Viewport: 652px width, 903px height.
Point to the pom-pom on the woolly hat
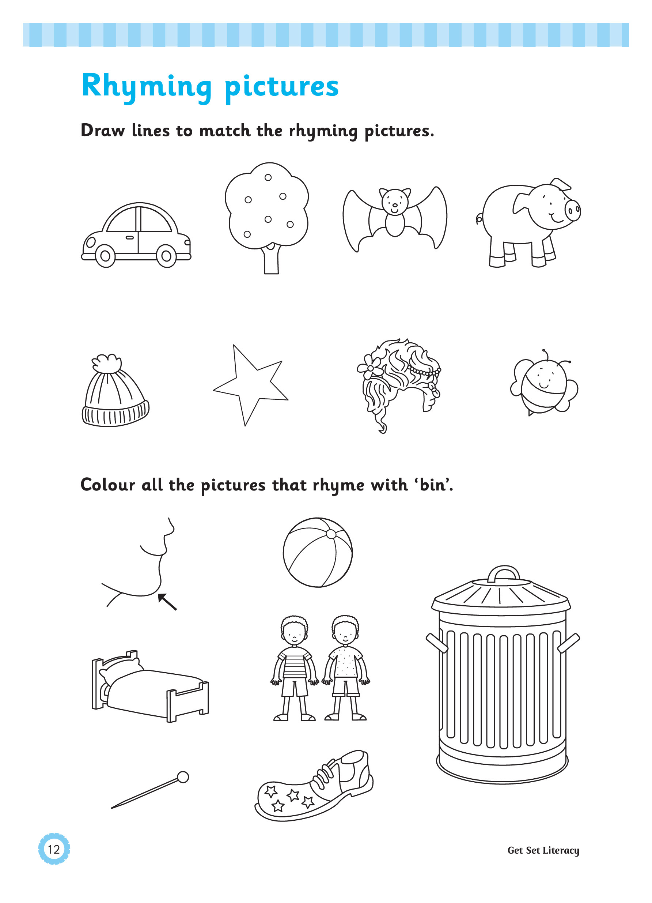click(x=106, y=363)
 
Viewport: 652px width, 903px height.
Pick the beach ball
click(x=318, y=552)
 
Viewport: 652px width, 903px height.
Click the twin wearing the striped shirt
click(x=294, y=668)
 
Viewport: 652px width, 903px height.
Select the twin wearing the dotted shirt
click(x=345, y=668)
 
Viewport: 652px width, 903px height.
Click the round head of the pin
click(x=183, y=777)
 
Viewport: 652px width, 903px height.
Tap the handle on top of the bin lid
click(x=504, y=573)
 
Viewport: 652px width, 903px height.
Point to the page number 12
click(x=54, y=849)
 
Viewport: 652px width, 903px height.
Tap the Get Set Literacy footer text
click(x=543, y=851)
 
